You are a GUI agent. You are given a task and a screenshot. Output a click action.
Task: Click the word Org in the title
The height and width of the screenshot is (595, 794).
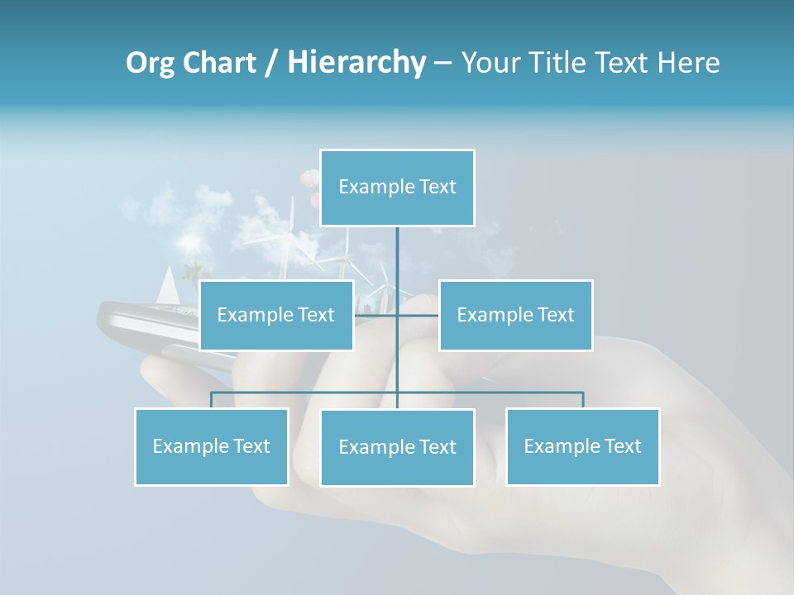pyautogui.click(x=149, y=63)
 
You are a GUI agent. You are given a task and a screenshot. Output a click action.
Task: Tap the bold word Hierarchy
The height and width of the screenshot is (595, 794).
pyautogui.click(x=356, y=63)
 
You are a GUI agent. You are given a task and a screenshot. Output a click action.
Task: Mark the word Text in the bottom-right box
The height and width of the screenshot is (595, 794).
pyautogui.click(x=622, y=446)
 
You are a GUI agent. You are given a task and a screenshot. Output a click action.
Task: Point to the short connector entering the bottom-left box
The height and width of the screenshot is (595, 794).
pyautogui.click(x=212, y=400)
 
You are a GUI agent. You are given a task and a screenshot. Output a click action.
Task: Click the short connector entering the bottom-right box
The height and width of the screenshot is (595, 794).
pyautogui.click(x=582, y=400)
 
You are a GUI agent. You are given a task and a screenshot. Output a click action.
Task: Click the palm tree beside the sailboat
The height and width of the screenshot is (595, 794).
pyautogui.click(x=195, y=270)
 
